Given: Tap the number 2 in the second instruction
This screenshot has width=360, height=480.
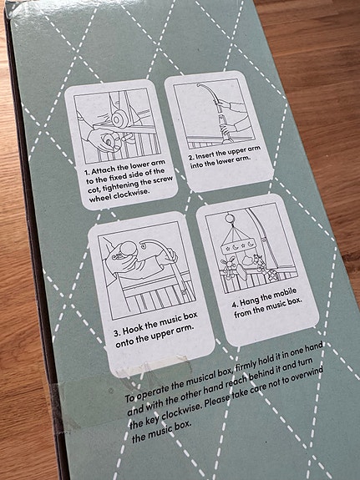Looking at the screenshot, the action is [190, 157].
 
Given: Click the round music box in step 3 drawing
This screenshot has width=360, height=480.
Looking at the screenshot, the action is [128, 248].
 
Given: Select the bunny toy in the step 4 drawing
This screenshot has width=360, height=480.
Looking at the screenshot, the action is [229, 265].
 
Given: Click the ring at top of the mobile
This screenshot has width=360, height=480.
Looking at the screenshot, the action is [229, 219].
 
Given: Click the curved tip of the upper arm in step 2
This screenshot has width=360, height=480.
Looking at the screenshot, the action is [200, 85].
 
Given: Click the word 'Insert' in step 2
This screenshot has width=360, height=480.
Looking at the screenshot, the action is [205, 155].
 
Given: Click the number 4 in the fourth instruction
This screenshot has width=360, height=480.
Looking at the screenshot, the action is [234, 305].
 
